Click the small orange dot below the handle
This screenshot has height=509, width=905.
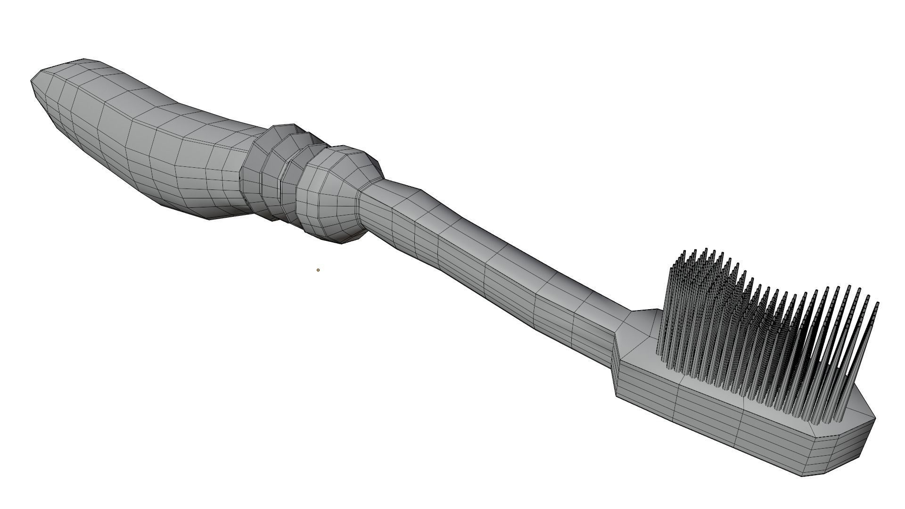click(318, 270)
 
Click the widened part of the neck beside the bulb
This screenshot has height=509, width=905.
click(401, 207)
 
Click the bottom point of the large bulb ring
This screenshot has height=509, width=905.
click(344, 243)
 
